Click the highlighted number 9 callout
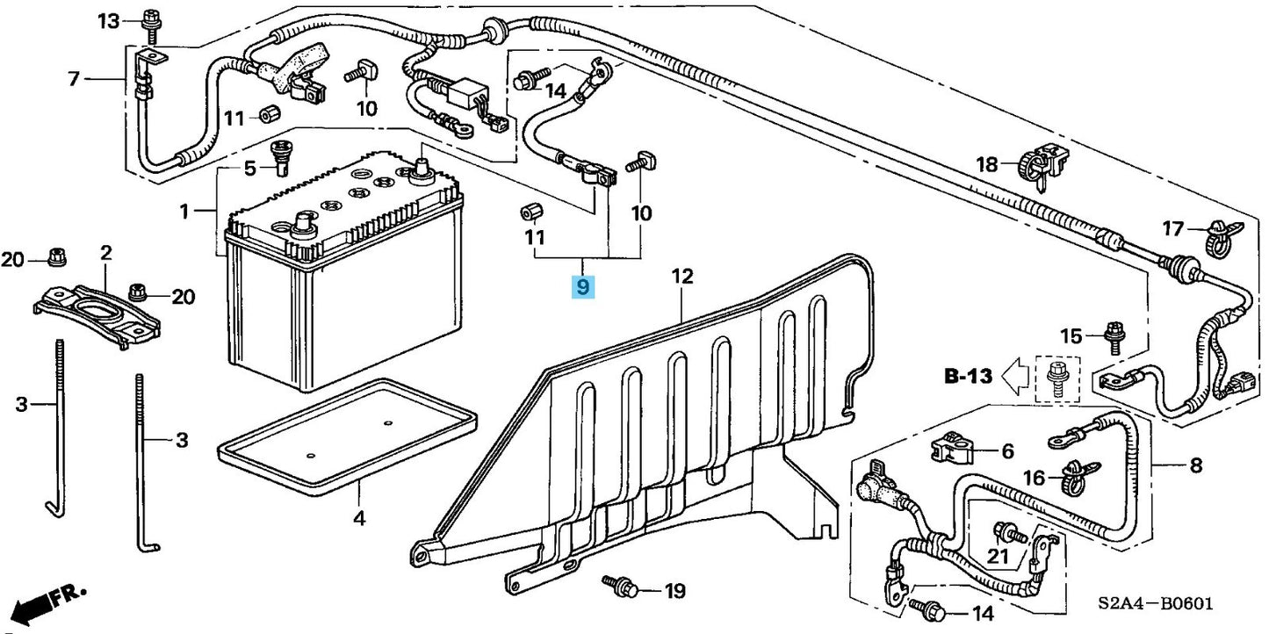(583, 286)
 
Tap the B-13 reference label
(968, 378)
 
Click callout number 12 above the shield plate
(682, 277)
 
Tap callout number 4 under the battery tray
(358, 518)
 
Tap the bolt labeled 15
(1114, 337)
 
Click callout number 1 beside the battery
(184, 212)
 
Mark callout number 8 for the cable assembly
(1195, 465)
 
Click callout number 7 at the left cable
(74, 79)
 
